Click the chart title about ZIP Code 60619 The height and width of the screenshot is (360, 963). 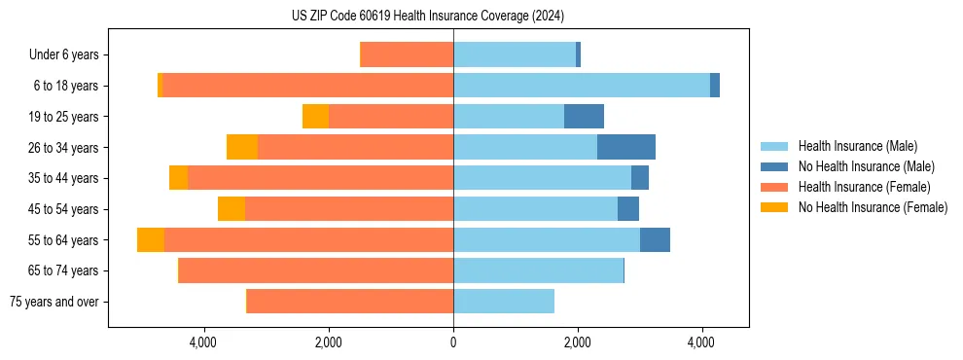[x=428, y=17]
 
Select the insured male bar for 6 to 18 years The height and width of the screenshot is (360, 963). [x=582, y=86]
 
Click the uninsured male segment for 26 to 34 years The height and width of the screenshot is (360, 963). [x=625, y=147]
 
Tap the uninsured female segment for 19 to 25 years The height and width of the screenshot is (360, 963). [x=315, y=117]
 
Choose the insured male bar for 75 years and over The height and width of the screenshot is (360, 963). [x=504, y=302]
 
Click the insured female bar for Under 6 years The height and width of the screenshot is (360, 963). [x=407, y=54]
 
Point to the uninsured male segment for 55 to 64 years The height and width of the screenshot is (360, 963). [x=655, y=240]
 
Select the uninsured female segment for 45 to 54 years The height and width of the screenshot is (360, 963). [x=232, y=209]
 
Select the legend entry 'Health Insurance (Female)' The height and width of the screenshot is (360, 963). [x=864, y=187]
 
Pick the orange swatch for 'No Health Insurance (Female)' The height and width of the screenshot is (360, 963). [x=775, y=207]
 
